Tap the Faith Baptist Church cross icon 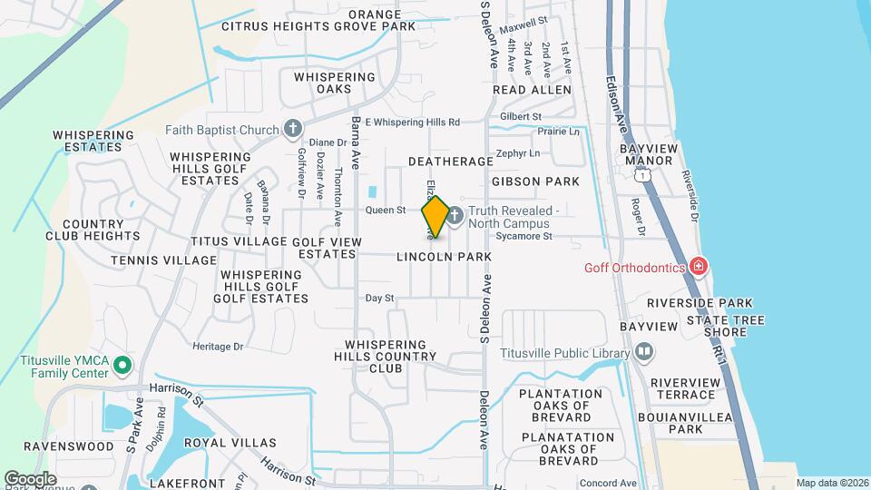tap(292, 129)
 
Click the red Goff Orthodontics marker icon tap(698, 267)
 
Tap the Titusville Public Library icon tap(643, 351)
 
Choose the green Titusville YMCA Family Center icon tap(123, 366)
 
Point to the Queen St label tap(385, 211)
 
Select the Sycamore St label tap(524, 237)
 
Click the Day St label tap(379, 298)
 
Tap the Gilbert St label tap(521, 117)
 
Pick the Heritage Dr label tap(218, 347)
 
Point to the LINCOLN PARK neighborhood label tap(444, 257)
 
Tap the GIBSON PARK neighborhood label tap(535, 181)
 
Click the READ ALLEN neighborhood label tap(532, 91)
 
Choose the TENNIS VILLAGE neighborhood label tap(163, 260)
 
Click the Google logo tap(29, 478)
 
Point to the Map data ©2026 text tap(831, 483)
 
